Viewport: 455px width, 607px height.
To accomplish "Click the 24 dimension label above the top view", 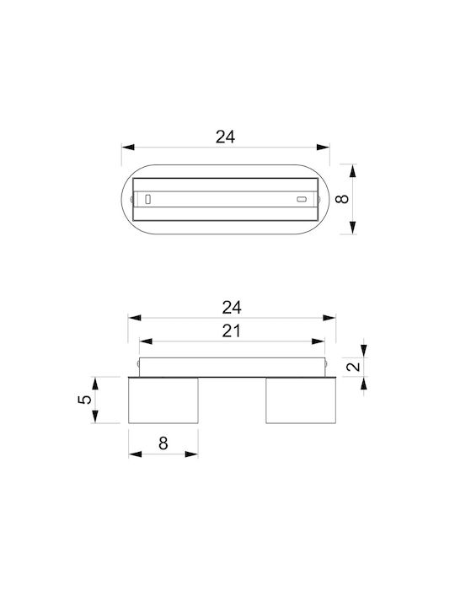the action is coord(225,137).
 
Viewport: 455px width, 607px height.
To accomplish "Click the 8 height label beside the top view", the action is coord(342,199).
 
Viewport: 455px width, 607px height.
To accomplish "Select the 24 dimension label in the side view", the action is coord(232,308).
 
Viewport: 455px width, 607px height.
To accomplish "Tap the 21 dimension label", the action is coord(232,331).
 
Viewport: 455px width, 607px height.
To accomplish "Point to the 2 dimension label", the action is coord(353,366).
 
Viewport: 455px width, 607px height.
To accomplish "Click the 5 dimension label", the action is coord(85,399).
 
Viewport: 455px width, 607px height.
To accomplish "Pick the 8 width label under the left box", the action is coord(163,443).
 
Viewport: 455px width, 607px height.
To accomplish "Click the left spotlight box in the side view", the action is coord(163,400).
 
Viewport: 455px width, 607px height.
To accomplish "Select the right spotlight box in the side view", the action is coord(301,400).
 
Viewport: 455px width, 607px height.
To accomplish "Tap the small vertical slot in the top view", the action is coord(147,199).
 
